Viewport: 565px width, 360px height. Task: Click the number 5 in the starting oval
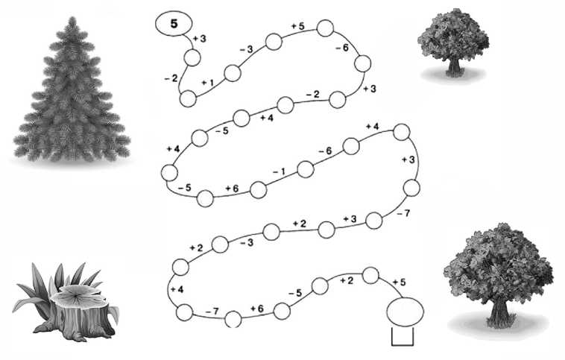174,24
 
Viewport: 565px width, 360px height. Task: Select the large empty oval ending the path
405,312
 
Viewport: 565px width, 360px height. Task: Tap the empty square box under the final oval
402,337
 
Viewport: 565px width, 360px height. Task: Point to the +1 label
207,83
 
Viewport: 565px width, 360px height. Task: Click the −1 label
279,172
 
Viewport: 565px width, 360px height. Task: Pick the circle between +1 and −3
233,73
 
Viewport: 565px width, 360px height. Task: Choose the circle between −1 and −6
306,169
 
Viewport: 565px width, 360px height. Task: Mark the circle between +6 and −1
259,190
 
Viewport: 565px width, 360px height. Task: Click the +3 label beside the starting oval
200,39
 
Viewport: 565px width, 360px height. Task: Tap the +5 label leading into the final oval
399,282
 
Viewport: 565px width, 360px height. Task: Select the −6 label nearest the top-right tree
342,47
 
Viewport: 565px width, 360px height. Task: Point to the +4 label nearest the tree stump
177,289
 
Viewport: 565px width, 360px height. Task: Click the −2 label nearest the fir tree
171,78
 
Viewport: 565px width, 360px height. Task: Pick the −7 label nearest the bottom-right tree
403,214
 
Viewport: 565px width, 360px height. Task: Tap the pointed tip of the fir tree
72,18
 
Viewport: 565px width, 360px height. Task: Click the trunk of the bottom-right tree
499,314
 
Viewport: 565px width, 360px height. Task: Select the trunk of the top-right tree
454,67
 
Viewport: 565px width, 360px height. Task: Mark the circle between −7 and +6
233,319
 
